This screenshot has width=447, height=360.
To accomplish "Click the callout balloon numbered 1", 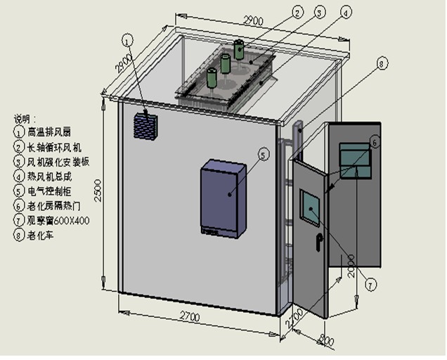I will tap(127, 40).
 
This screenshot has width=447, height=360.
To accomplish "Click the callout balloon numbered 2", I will tap(297, 13).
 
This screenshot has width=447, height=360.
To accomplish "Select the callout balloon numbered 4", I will tap(345, 13).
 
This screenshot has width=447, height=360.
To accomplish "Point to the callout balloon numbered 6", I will tap(375, 142).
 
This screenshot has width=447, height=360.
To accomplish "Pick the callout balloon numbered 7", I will tap(370, 284).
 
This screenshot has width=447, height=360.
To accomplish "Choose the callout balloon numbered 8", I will tap(382, 64).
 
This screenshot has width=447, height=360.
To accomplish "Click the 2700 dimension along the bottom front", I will tap(186, 318).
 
